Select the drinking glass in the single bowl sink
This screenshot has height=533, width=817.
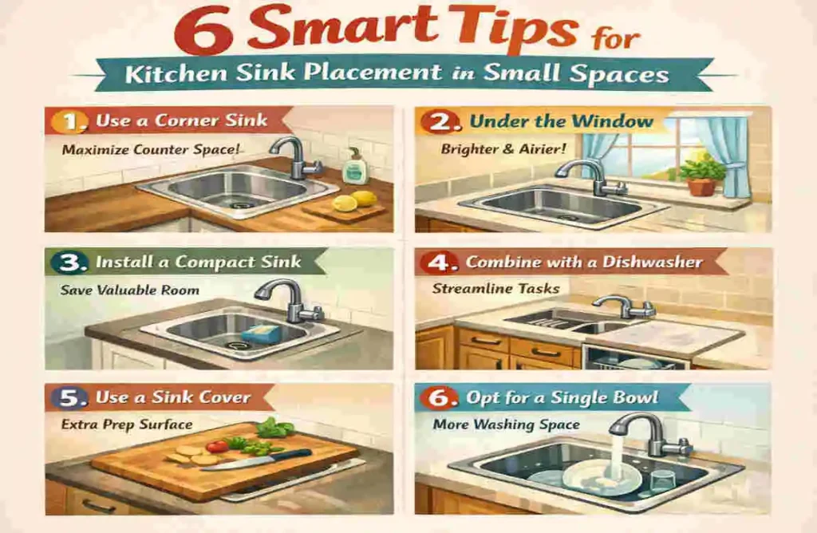(661, 482)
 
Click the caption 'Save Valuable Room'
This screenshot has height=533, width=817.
(130, 290)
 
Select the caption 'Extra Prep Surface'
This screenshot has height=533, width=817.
(127, 424)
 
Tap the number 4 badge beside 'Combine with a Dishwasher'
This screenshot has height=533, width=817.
(442, 263)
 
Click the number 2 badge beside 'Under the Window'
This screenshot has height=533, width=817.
(442, 123)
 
